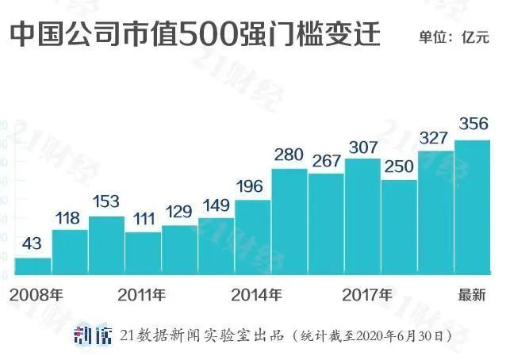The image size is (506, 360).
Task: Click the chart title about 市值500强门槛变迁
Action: pyautogui.click(x=195, y=35)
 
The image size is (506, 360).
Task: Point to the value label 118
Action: pyautogui.click(x=70, y=218)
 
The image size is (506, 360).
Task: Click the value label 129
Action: pyautogui.click(x=179, y=213)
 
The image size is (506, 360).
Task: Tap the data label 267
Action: pyautogui.click(x=326, y=161)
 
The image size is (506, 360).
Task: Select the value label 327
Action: pyautogui.click(x=435, y=138)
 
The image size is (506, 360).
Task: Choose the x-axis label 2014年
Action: pyautogui.click(x=256, y=296)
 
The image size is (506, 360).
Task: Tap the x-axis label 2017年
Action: pyautogui.click(x=367, y=296)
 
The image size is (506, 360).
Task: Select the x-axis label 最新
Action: pyautogui.click(x=472, y=296)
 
